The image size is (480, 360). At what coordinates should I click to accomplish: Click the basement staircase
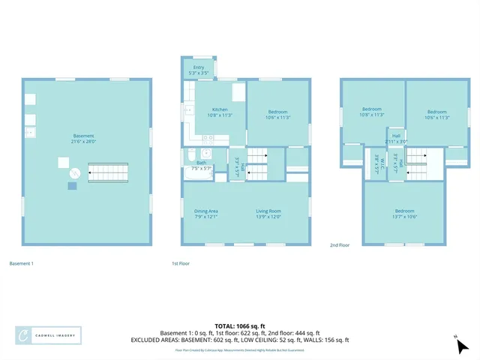coord(108,173)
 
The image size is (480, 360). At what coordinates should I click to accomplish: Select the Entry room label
coord(199,69)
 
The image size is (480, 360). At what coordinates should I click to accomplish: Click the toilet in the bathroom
coord(205,154)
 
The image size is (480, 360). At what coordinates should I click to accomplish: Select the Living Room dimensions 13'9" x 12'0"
coord(268,217)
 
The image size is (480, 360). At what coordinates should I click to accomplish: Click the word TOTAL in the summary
coord(226,326)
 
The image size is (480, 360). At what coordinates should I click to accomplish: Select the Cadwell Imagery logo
coord(49,335)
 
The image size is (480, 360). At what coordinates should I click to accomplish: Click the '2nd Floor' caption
coord(340,244)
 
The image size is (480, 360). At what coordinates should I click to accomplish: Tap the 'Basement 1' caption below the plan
coord(22,263)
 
